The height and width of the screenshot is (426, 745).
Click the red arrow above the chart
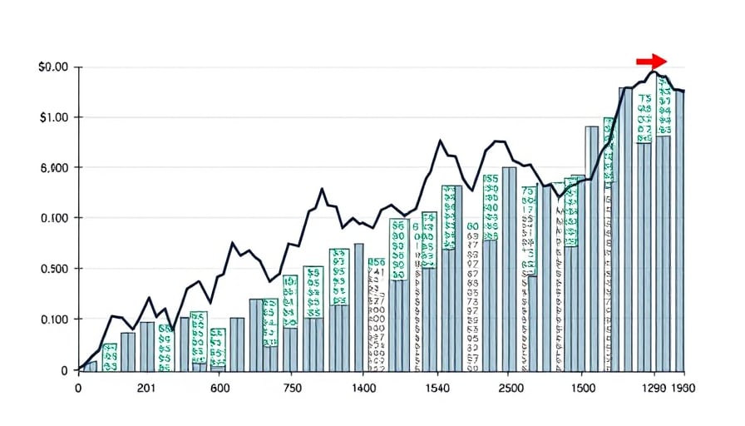tap(652, 61)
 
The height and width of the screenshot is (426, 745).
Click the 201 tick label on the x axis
tap(146, 388)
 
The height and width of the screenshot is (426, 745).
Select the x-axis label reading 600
tap(220, 388)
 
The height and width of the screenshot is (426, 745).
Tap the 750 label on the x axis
tap(292, 388)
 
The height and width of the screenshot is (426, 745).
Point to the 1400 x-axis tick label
tap(363, 388)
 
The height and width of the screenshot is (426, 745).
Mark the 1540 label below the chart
tap(436, 388)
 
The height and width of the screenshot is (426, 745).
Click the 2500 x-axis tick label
tap(511, 388)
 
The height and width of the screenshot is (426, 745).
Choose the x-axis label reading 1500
tap(585, 388)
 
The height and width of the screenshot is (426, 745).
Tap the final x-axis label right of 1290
tap(684, 388)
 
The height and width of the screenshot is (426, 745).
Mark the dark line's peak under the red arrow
tap(654, 72)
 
